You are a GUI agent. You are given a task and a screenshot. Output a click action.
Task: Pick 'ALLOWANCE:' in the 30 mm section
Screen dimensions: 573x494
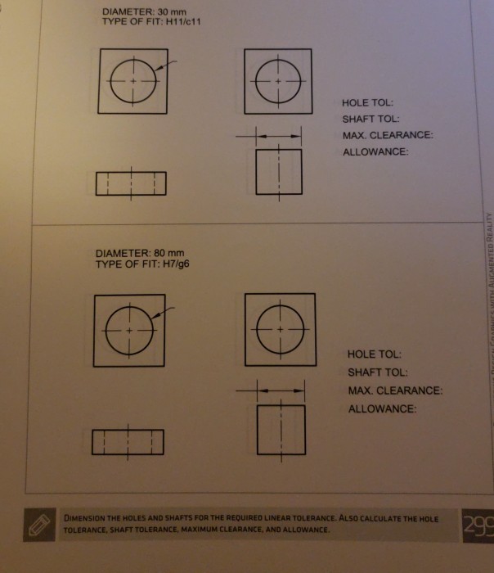click(375, 151)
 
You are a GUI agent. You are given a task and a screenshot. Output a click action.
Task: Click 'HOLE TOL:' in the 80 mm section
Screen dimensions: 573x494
click(374, 355)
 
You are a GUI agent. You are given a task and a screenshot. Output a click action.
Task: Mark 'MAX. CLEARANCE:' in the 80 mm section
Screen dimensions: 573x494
click(394, 390)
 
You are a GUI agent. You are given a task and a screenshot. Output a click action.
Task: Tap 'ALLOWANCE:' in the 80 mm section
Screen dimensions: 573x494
click(382, 408)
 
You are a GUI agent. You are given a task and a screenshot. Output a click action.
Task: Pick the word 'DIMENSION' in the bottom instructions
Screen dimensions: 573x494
click(85, 519)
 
